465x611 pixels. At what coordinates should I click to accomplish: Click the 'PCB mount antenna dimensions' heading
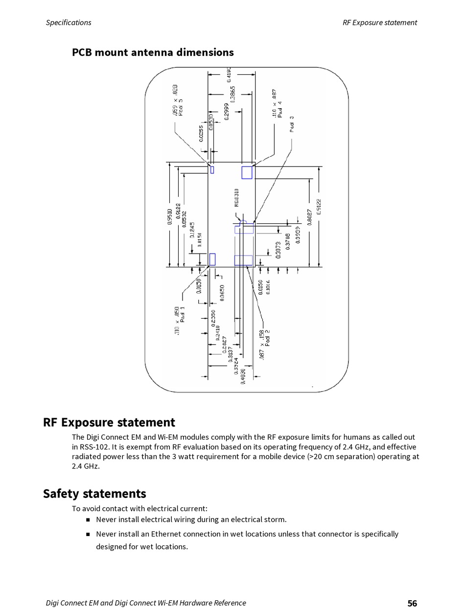pos(153,52)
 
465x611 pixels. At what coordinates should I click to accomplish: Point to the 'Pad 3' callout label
pos(292,124)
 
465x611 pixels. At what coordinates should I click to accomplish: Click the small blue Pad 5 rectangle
pos(212,170)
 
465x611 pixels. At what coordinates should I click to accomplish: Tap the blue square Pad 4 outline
pos(247,172)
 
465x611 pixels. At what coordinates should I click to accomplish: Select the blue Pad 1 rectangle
pos(212,259)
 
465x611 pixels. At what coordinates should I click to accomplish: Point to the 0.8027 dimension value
pos(309,216)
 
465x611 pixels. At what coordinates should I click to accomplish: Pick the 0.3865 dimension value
pos(233,94)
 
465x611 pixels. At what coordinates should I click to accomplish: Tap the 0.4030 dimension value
pos(243,376)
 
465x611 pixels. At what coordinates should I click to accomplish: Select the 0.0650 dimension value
pos(222,293)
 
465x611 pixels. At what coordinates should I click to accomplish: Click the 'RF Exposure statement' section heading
pos(109,423)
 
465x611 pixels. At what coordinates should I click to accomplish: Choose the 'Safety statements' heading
pos(94,493)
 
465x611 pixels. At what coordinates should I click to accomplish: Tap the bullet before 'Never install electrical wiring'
pos(88,520)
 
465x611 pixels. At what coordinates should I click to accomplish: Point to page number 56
pos(412,603)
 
